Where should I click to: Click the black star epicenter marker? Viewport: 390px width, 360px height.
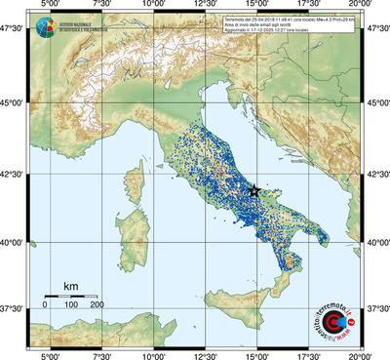click(x=254, y=191)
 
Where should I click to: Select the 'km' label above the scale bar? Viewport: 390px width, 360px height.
click(x=70, y=285)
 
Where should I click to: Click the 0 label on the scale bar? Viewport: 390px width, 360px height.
click(x=45, y=305)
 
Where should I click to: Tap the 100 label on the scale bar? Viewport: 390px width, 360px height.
click(x=71, y=305)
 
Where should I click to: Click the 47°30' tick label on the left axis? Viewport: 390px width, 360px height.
click(x=14, y=31)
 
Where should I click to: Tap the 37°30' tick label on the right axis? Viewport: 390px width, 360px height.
click(x=377, y=308)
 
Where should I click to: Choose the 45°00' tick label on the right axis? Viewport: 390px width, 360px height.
click(x=377, y=104)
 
